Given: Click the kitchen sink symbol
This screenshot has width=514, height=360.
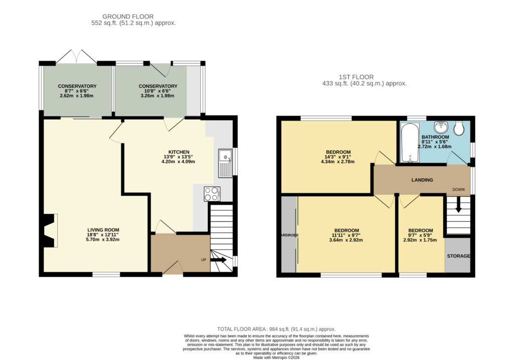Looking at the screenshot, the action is [x=225, y=163].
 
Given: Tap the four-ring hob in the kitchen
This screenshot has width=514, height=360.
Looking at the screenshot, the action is [x=212, y=193].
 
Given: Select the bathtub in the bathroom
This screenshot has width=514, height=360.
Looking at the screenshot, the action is [x=410, y=143].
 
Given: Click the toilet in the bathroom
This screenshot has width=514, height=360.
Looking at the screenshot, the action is [x=460, y=128].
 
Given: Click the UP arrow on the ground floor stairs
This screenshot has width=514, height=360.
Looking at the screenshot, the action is [x=218, y=260].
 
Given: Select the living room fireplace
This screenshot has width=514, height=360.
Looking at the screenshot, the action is [x=50, y=230].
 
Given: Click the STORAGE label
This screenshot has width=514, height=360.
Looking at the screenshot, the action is [x=458, y=256].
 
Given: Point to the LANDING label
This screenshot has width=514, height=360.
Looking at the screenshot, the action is [x=422, y=180].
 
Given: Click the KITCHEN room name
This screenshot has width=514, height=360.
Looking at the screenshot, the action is [x=179, y=152].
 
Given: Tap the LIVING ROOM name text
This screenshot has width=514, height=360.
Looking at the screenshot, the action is [x=103, y=230].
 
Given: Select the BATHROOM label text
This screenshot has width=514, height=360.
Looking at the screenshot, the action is [x=435, y=137].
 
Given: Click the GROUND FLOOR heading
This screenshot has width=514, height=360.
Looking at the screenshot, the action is [x=128, y=17].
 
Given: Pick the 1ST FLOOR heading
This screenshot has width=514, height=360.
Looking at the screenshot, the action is [x=356, y=77].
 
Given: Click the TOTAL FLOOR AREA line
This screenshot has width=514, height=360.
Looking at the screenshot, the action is [x=277, y=329].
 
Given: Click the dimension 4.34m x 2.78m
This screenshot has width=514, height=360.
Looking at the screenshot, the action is [x=338, y=162].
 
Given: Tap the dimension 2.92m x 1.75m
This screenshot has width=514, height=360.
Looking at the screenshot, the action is [x=420, y=240].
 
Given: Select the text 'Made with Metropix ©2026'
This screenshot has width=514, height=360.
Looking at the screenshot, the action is [x=277, y=357].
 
